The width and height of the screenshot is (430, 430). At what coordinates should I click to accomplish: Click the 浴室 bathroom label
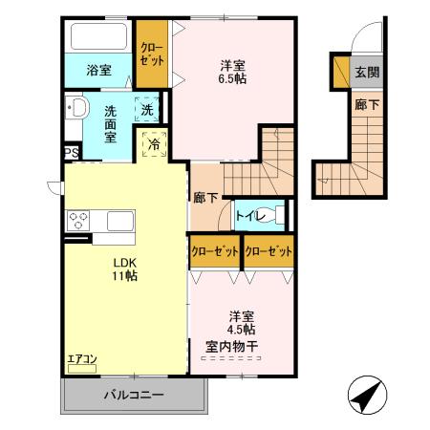(x=98, y=70)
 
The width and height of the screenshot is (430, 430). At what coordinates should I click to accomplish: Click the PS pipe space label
(x=70, y=152)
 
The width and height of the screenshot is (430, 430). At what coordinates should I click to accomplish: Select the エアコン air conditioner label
(x=81, y=360)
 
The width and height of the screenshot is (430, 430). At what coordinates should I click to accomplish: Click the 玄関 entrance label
(x=366, y=71)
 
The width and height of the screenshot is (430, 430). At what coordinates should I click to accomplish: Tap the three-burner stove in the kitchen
(x=75, y=221)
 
